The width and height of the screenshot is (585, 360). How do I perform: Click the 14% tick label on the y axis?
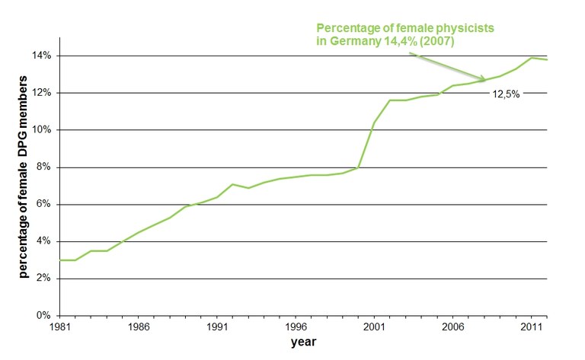coord(41,56)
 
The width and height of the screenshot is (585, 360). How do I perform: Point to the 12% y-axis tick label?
coord(41,93)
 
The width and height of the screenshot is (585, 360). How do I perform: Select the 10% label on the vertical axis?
coord(41,130)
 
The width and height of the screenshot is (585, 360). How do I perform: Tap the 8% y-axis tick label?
coord(43,167)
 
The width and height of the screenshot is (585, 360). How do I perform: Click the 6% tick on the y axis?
coord(43,205)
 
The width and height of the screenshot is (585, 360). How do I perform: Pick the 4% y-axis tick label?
coord(43,241)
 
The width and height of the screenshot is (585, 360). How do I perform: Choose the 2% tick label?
coord(43,279)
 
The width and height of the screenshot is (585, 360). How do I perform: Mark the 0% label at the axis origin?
coord(43,316)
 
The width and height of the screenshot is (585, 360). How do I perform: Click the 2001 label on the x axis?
coord(372,327)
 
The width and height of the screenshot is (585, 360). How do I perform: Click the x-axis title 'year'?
coord(303,342)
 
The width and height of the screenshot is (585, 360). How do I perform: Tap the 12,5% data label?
coord(503,94)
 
